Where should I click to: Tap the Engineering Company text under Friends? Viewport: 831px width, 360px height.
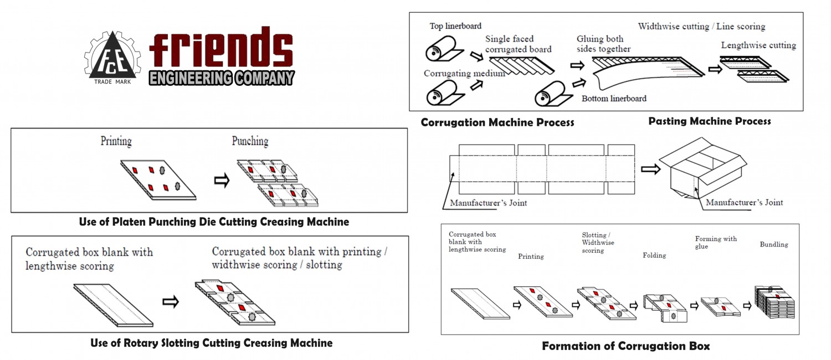222,78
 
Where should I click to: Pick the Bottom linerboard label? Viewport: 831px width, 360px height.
614,99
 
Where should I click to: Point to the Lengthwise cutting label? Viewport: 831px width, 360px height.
758,45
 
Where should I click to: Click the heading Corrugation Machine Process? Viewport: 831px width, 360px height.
497,122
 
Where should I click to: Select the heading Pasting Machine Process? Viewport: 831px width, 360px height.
710,121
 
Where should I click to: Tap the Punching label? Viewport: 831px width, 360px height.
250,141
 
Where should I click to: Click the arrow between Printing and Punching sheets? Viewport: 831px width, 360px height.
222,181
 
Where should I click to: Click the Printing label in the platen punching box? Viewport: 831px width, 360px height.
116,141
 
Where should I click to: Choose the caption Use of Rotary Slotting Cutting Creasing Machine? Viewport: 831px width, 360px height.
212,343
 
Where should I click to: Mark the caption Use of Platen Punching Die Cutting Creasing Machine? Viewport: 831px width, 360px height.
214,222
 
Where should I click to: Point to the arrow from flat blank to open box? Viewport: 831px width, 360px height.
650,169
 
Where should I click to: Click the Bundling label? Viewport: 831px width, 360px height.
774,244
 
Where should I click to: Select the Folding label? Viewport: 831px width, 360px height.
654,255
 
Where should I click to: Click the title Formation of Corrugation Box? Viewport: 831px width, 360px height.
625,346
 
